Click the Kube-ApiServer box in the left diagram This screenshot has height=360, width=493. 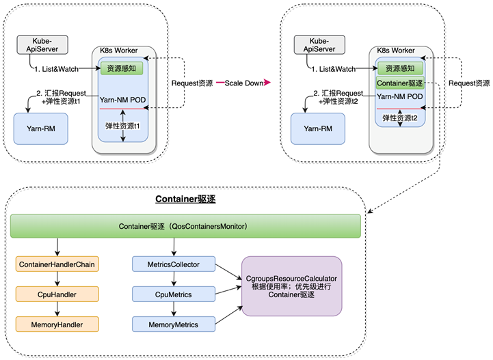(x=42, y=46)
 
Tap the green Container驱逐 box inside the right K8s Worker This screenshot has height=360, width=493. (x=400, y=83)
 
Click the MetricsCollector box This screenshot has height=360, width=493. (x=173, y=264)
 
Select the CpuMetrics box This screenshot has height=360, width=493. (x=173, y=294)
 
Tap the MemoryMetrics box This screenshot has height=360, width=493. (x=173, y=324)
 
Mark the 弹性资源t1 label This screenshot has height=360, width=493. (x=122, y=126)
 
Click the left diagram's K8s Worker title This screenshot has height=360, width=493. (x=123, y=52)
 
